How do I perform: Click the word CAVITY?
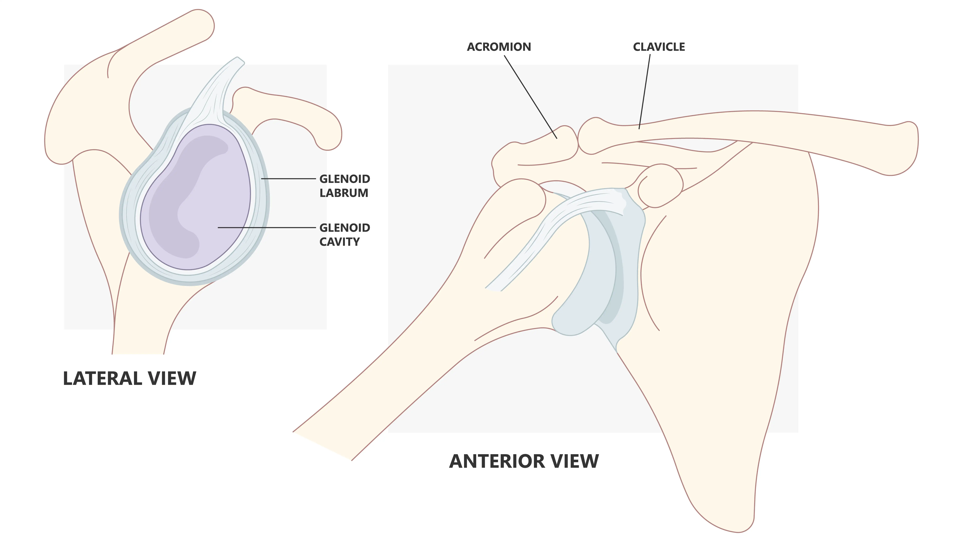coord(339,242)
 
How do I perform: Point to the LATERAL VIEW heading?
coord(129,379)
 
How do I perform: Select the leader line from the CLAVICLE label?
coord(644,92)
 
